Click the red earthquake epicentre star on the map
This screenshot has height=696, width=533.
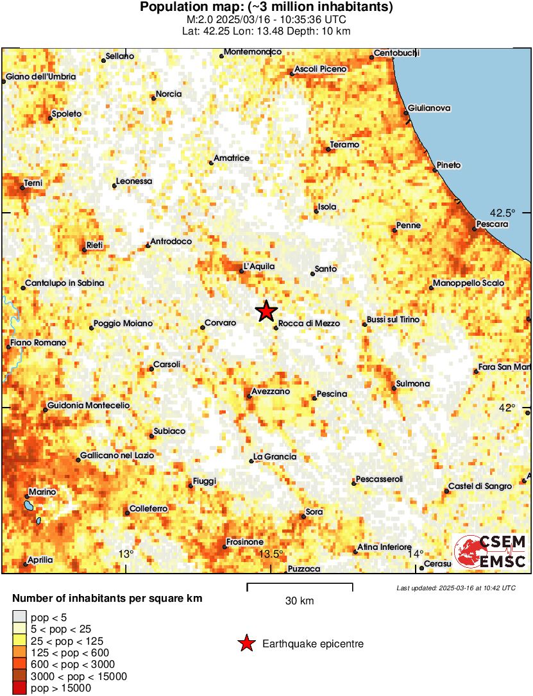266,311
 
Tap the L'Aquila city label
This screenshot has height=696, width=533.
259,267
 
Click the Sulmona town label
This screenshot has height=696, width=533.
413,383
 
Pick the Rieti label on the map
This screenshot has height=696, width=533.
94,245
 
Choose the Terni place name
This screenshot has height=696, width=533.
33,184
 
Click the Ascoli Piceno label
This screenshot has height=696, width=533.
321,69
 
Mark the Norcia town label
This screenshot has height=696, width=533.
169,94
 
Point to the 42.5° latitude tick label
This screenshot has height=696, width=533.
503,212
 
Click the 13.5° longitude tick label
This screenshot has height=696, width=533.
270,554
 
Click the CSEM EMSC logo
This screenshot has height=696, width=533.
491,552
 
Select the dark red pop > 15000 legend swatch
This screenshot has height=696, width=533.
19,688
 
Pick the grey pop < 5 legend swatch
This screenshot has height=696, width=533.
19,618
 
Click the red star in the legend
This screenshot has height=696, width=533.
246,643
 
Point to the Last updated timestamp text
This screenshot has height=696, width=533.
455,588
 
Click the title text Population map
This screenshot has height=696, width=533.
266,8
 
